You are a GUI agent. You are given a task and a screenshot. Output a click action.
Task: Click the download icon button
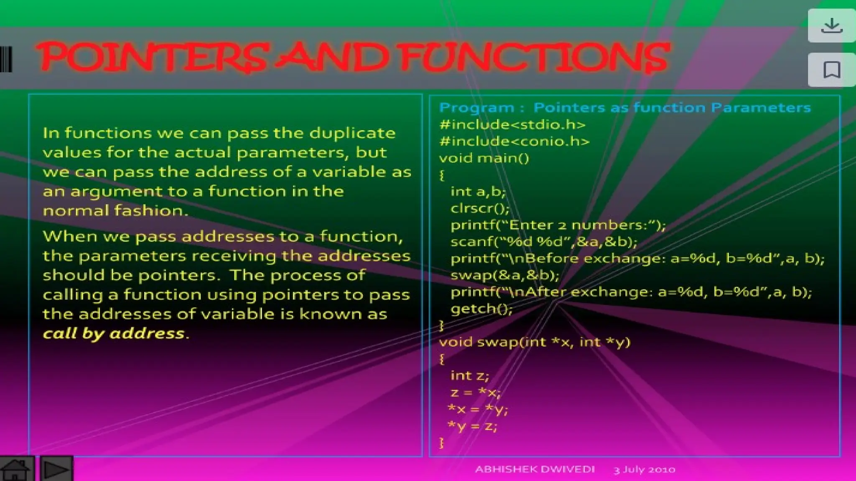[x=831, y=26]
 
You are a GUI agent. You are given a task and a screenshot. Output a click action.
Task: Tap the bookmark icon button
[x=831, y=70]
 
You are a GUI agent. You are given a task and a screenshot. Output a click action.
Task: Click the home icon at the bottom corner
[x=16, y=469]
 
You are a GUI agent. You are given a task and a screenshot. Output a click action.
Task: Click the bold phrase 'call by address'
[x=114, y=334]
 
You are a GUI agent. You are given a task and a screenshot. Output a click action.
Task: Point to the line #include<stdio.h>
[x=512, y=125]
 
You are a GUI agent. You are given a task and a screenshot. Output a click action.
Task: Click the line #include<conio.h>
[x=514, y=142]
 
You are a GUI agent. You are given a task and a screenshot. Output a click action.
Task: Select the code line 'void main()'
[x=484, y=158]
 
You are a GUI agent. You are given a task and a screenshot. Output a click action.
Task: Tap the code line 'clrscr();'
[x=480, y=208]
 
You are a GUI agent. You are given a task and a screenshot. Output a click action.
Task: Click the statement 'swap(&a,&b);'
[x=504, y=275]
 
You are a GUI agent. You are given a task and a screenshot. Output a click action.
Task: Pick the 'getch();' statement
[x=481, y=309]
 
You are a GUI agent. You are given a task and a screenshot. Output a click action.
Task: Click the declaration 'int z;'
[x=469, y=376]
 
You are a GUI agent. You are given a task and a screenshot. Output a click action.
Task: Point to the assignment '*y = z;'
[x=472, y=426]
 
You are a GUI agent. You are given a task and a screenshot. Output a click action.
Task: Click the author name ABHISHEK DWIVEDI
[x=535, y=469]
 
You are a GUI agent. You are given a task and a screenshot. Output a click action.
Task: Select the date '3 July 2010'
[x=644, y=470]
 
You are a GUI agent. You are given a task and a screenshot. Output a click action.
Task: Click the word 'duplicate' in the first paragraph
[x=352, y=133]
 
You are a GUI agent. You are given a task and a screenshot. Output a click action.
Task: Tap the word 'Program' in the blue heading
[x=476, y=108]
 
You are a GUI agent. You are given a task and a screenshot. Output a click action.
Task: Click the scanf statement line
[x=544, y=242]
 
